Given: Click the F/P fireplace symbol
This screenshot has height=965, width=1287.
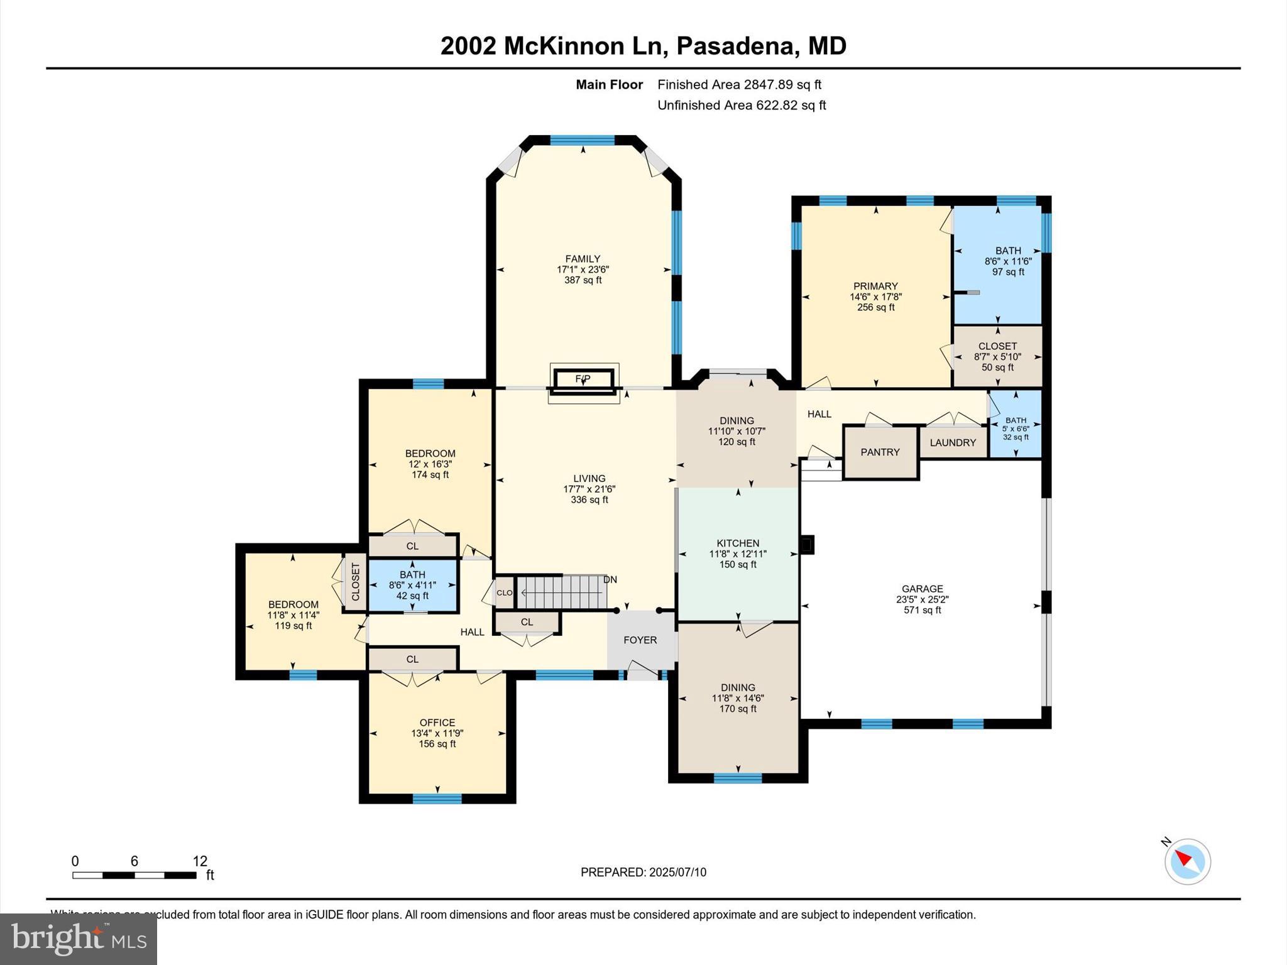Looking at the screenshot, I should (583, 379).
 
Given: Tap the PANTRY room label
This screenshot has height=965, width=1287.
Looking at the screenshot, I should (880, 452).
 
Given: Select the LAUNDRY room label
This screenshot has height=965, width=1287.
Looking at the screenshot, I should (953, 443).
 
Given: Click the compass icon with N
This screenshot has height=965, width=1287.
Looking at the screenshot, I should (1187, 861).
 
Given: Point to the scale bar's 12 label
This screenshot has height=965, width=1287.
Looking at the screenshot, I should (200, 861).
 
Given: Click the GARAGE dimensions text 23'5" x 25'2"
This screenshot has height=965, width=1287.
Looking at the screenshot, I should (922, 599).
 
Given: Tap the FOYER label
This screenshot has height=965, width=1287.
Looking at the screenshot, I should (640, 640).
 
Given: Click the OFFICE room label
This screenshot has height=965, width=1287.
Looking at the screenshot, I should (437, 722).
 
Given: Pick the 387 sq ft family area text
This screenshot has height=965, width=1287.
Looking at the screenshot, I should (583, 280).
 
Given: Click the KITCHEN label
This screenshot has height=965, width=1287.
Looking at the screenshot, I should (738, 543).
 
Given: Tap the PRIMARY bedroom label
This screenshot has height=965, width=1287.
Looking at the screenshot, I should (875, 286).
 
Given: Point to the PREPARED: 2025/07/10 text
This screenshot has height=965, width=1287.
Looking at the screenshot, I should (643, 872).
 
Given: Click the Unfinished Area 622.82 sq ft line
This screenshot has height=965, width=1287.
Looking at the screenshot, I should (742, 106).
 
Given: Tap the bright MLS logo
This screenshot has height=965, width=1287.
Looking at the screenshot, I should (79, 939).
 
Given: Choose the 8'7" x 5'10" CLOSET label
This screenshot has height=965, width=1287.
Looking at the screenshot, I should (997, 346).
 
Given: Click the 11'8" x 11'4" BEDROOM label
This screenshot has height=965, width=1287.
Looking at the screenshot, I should (293, 604).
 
